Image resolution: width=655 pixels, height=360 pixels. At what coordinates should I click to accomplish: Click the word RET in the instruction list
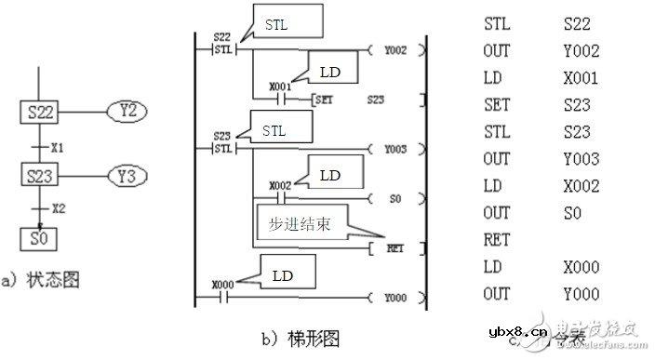tap(498, 238)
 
